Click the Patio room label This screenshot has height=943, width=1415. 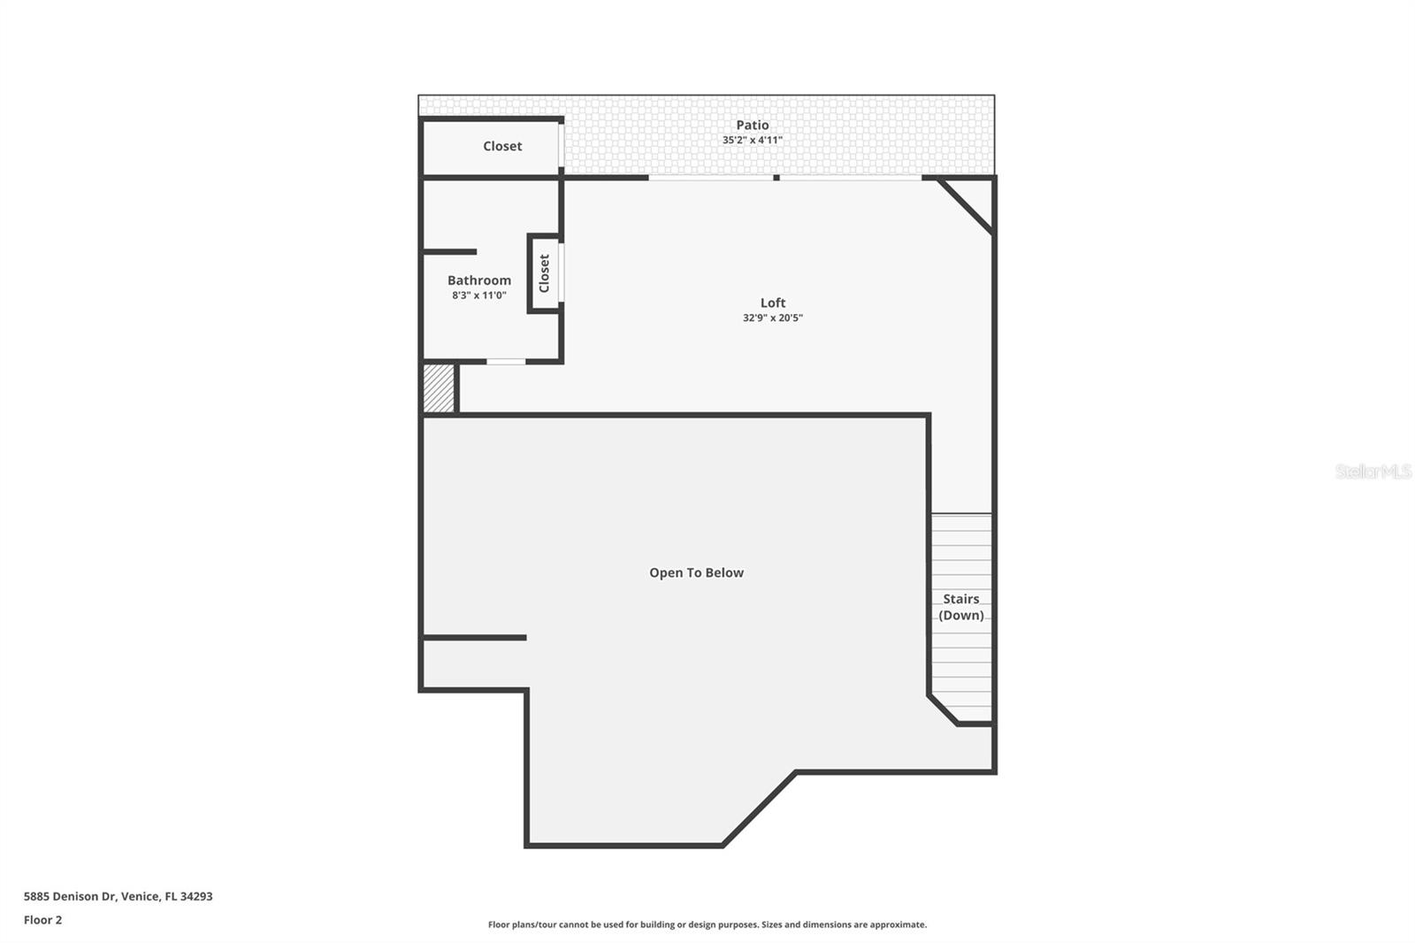click(752, 125)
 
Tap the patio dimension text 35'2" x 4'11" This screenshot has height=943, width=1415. click(753, 140)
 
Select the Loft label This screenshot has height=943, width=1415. click(773, 303)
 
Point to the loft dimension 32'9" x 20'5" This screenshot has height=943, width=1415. click(773, 318)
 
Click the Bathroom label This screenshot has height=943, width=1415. click(479, 280)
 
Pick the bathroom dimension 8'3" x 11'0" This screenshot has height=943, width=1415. click(479, 295)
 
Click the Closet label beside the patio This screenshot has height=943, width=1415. click(502, 146)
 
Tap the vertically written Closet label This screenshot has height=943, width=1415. click(544, 273)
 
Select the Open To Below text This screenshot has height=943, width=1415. click(696, 572)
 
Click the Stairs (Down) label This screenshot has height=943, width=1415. click(960, 607)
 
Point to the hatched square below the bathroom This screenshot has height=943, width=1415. click(439, 388)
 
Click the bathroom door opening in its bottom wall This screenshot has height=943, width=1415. click(505, 362)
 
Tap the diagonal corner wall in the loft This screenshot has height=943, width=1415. click(965, 206)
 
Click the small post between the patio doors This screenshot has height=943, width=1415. click(776, 178)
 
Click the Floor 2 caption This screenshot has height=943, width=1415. click(43, 920)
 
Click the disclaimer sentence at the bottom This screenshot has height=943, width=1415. click(707, 924)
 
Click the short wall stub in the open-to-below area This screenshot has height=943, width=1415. click(474, 638)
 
